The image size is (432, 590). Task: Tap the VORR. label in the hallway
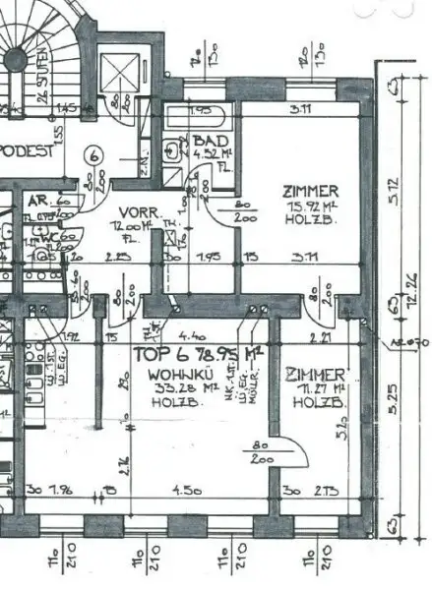134,211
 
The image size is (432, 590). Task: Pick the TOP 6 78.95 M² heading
187,351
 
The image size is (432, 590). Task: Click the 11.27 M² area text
313,390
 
